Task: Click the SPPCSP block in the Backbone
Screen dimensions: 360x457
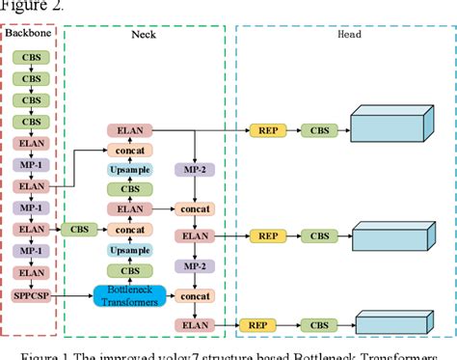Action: coord(33,293)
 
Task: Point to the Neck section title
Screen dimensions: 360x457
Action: coord(145,34)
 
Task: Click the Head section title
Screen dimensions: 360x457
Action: coord(349,34)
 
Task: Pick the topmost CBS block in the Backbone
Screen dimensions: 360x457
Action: coord(33,58)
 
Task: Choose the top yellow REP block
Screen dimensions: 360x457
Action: coord(267,129)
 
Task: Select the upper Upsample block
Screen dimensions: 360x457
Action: coord(128,169)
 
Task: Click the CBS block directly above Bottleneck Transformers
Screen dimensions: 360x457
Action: coord(128,271)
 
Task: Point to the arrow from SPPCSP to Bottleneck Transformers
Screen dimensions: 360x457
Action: coord(75,293)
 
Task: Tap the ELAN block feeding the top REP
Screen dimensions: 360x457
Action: coord(128,129)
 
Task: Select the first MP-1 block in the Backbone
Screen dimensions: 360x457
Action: coord(33,165)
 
